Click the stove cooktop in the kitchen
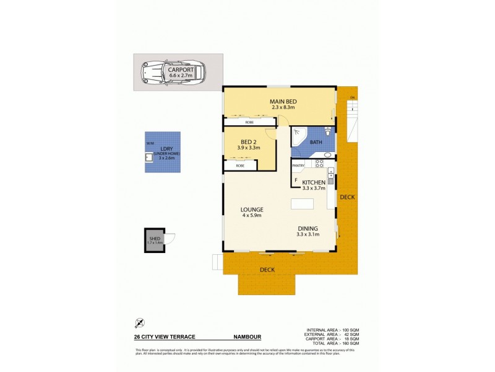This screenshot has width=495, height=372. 320,164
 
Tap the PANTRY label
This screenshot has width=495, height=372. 298,166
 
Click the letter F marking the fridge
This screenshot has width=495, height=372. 296,180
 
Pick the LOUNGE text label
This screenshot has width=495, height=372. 252,210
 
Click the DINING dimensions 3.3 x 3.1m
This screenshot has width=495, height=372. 308,234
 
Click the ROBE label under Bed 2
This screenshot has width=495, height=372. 239,166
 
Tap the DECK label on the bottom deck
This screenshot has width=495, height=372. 267,270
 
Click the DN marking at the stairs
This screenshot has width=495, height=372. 352,97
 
